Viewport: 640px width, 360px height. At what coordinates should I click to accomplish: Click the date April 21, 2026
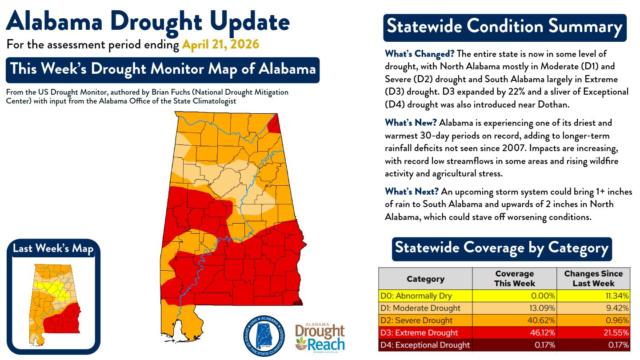(220, 45)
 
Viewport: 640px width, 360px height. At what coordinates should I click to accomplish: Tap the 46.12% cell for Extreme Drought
(514, 332)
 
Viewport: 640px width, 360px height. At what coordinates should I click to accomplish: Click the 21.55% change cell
(593, 332)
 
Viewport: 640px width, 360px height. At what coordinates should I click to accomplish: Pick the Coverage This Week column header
(514, 279)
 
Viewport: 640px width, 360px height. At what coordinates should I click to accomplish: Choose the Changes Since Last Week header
(593, 279)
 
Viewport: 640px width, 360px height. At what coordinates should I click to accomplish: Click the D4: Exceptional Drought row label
(425, 345)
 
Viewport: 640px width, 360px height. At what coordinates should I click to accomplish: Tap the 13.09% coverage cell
(514, 308)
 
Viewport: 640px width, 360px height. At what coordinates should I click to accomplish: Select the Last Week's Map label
(53, 248)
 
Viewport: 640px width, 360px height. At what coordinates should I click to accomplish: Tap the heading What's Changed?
(420, 54)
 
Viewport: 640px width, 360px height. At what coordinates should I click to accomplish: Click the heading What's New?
(411, 123)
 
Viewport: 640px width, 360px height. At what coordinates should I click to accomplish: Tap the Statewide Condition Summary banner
(504, 27)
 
